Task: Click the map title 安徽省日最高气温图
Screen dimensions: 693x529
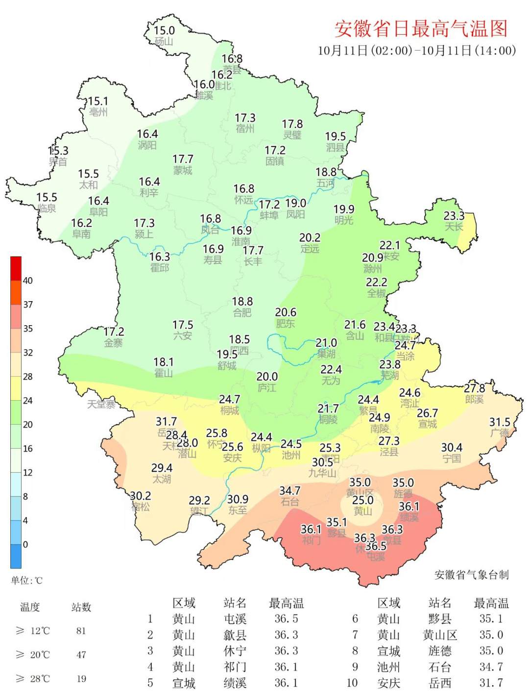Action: click(x=421, y=29)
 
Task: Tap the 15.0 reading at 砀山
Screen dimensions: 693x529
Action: click(x=164, y=30)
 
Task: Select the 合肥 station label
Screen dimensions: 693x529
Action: click(x=242, y=312)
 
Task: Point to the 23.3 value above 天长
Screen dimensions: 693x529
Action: click(x=454, y=216)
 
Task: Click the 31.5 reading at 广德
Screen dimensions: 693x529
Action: click(x=500, y=422)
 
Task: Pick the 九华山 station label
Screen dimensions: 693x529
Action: click(x=322, y=473)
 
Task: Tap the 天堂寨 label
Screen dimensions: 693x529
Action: click(x=101, y=405)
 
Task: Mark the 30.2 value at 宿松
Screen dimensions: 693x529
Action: click(x=141, y=496)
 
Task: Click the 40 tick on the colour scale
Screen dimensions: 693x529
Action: click(x=28, y=281)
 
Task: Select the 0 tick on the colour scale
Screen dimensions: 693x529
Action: click(x=25, y=544)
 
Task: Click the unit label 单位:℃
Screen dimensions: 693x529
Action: click(x=27, y=581)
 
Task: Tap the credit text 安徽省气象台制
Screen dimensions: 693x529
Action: click(x=471, y=575)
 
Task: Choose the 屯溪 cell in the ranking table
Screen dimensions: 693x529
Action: click(x=235, y=619)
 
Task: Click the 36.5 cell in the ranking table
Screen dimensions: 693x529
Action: click(x=286, y=619)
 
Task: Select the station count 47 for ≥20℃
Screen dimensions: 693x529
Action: click(x=81, y=655)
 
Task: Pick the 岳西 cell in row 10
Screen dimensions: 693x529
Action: click(x=440, y=683)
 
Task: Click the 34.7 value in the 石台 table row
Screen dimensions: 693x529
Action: click(x=491, y=667)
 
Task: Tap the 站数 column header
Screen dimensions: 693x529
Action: click(x=81, y=607)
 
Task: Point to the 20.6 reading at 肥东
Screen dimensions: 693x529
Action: click(x=286, y=312)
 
